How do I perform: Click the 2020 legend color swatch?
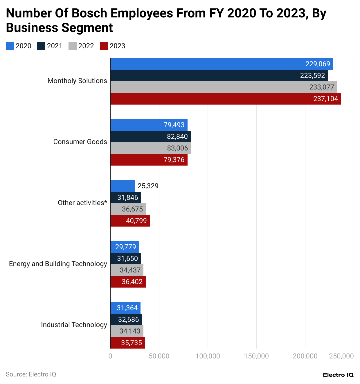point(10,46)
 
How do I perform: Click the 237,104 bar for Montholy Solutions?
point(225,99)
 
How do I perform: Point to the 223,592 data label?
point(312,76)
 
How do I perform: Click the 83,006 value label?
point(177,148)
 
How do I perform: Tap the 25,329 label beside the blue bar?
point(148,186)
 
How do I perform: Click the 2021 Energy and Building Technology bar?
point(126,259)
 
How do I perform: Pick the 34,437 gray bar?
point(127,270)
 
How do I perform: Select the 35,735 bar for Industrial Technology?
point(128,343)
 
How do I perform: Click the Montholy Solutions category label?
point(77,81)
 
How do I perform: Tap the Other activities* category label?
point(82,203)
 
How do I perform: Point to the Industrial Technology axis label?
point(74,325)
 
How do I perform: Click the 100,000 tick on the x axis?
point(208,356)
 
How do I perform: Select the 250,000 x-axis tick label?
point(341,356)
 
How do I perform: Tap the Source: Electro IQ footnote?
point(31,374)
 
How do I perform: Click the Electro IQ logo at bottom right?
point(338,375)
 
